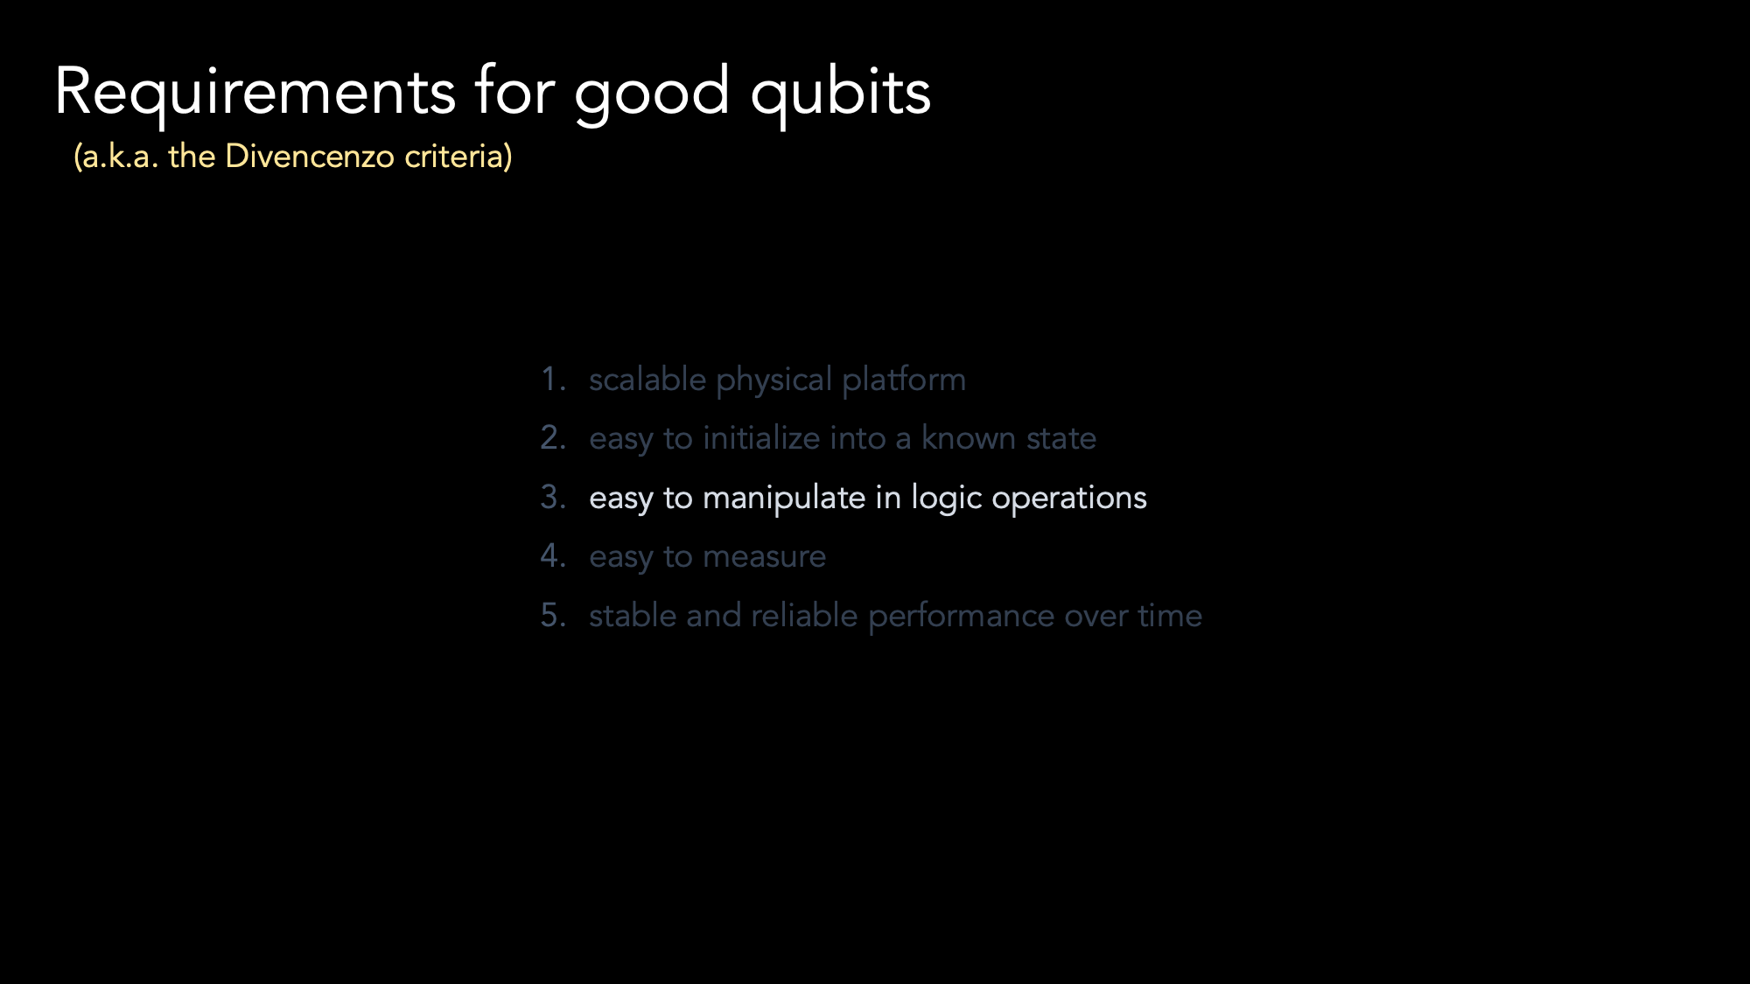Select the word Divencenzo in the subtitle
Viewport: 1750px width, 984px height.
(x=310, y=156)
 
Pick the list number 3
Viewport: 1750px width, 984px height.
(x=553, y=498)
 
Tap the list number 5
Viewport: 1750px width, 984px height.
(x=553, y=616)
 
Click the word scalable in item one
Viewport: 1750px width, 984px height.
(x=647, y=380)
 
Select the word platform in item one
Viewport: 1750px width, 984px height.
(x=904, y=380)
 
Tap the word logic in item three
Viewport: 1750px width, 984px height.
(x=947, y=499)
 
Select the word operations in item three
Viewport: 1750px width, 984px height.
(x=1069, y=499)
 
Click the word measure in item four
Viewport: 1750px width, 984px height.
(x=764, y=557)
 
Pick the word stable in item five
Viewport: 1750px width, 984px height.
(x=633, y=616)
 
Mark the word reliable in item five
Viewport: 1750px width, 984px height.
(x=804, y=616)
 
